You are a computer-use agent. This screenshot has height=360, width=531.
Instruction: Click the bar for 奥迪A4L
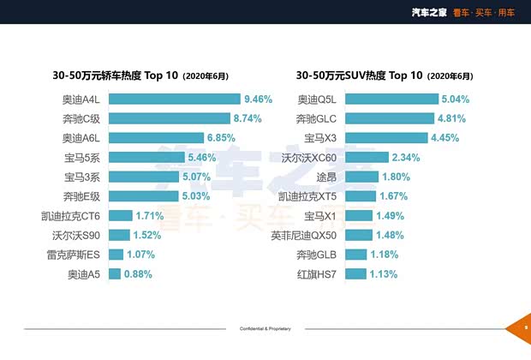coord(175,99)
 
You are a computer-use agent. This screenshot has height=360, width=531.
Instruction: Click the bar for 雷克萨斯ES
coord(115,255)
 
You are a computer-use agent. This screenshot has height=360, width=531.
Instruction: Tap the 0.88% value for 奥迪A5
coord(138,274)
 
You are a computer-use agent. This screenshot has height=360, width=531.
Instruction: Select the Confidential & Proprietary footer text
coord(265,329)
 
